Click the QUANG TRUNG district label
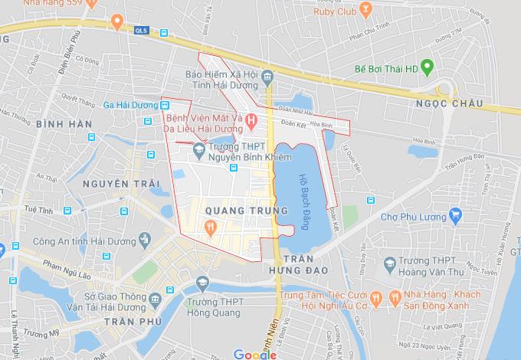click(x=236, y=209)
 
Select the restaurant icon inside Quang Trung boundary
click(x=208, y=226)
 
